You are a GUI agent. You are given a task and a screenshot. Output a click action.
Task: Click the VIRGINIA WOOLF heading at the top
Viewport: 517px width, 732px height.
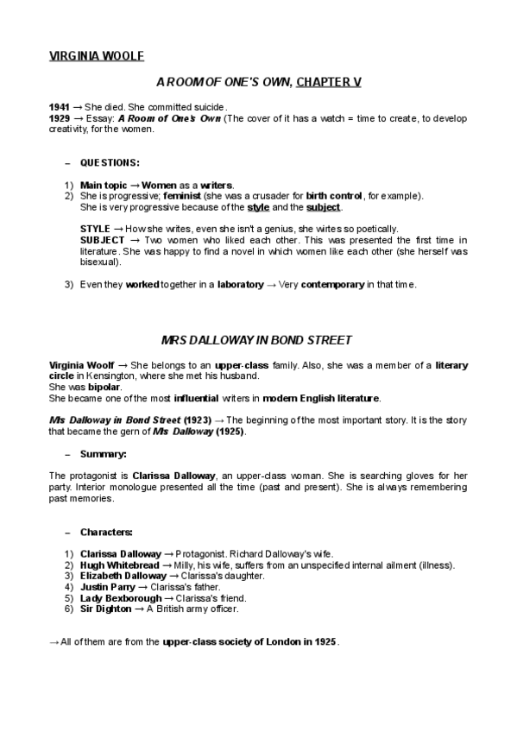pyautogui.click(x=96, y=57)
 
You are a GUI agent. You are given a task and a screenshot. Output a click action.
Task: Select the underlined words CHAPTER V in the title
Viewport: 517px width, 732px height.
pyautogui.click(x=329, y=81)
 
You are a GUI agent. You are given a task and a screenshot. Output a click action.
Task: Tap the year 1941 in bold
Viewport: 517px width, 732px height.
pyautogui.click(x=59, y=106)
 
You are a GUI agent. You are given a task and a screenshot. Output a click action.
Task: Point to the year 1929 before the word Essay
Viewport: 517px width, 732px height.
pyautogui.click(x=59, y=117)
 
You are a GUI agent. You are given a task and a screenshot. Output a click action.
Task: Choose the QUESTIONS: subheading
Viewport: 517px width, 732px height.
pyautogui.click(x=110, y=161)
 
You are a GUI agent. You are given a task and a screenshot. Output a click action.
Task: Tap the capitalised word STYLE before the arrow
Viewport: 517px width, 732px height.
pyautogui.click(x=94, y=228)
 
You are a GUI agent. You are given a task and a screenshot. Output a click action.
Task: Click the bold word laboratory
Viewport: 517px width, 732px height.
pyautogui.click(x=240, y=284)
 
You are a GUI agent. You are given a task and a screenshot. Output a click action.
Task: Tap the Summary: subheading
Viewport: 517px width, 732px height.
pyautogui.click(x=104, y=453)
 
